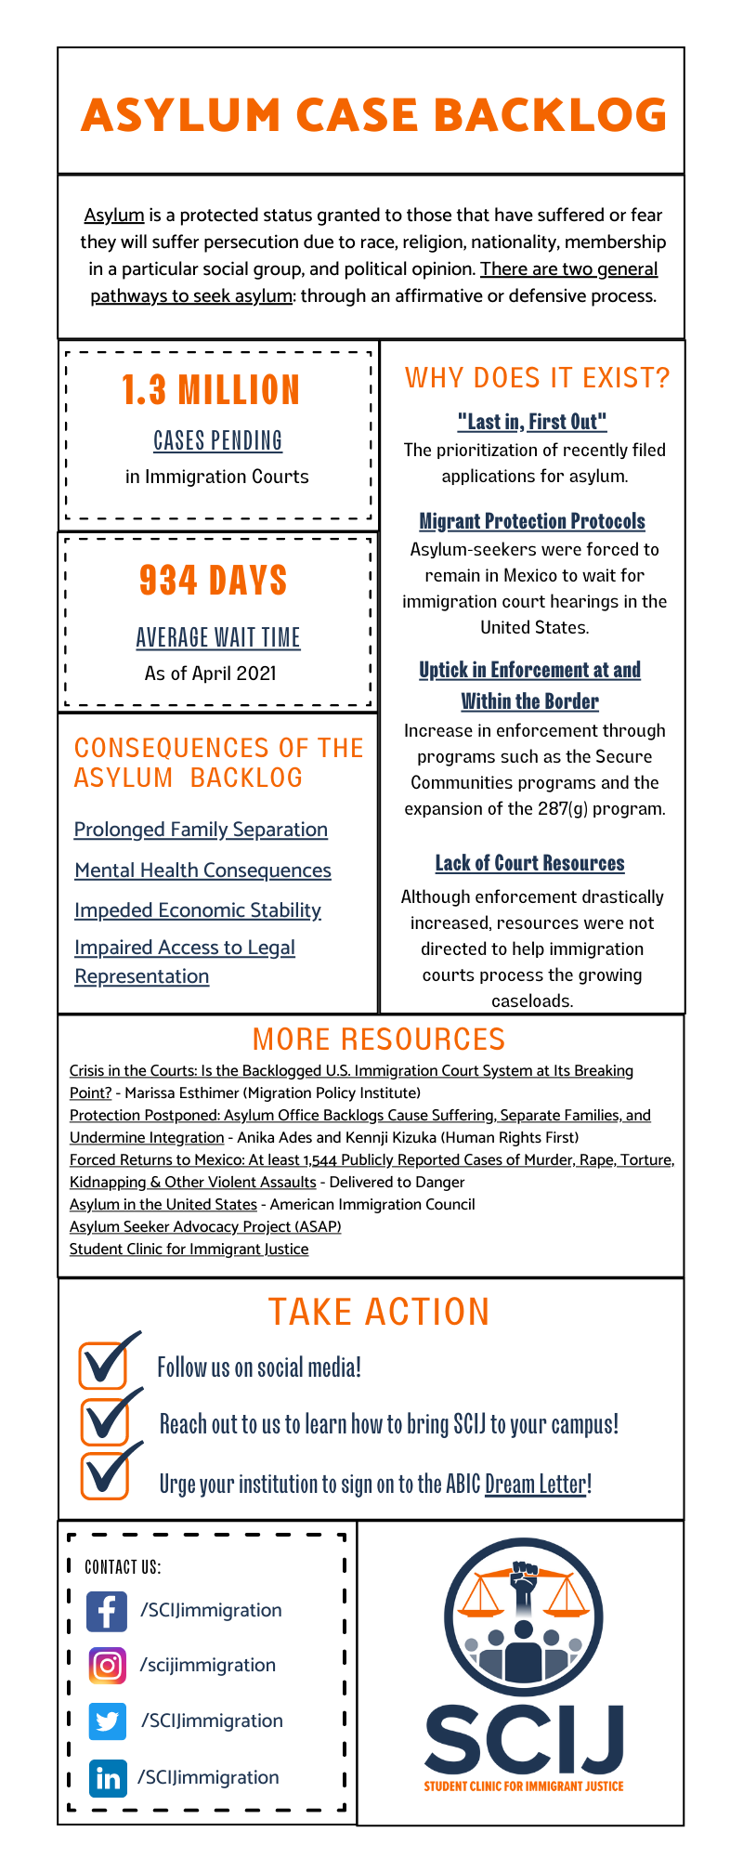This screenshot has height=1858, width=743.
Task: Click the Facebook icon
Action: point(107,1611)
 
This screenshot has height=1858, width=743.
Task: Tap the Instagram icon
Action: point(107,1666)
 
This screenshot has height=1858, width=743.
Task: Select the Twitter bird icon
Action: point(107,1721)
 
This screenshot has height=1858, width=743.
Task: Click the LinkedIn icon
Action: point(107,1778)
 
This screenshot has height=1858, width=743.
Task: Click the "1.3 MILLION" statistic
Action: point(211,390)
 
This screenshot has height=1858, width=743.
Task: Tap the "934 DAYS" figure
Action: point(213,581)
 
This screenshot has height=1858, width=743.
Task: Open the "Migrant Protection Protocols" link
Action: point(531,521)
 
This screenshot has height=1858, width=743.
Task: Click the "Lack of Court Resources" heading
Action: point(529,863)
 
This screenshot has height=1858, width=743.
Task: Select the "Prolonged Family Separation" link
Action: point(201,830)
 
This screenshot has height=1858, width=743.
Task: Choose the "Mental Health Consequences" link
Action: point(202,870)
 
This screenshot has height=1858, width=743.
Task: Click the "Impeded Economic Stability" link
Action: point(198,910)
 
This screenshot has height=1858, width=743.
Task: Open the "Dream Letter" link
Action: point(536,1484)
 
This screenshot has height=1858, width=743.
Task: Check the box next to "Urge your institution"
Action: point(103,1476)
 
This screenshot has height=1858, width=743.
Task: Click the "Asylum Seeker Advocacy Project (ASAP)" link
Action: point(205,1227)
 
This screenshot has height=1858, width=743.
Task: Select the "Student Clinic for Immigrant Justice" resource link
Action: point(189,1250)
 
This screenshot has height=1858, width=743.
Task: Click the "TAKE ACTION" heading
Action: point(378,1312)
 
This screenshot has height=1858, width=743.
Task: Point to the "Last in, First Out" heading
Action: point(531,422)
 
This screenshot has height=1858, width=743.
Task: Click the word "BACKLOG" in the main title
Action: point(550,115)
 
